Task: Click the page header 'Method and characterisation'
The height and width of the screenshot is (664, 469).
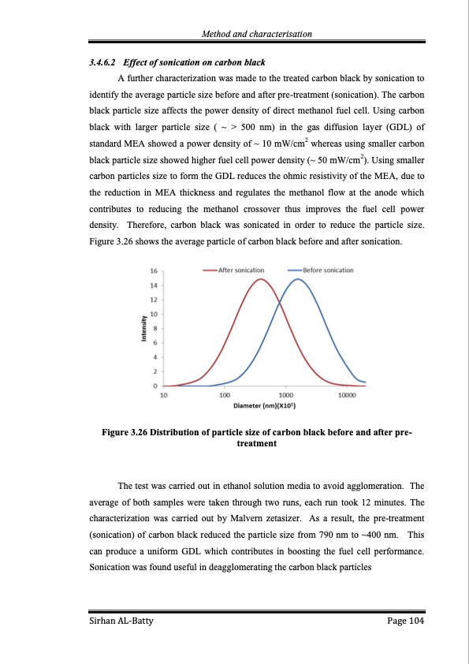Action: point(258,33)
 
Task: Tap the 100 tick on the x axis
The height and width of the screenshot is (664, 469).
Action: point(225,395)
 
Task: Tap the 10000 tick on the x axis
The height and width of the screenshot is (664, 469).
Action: point(346,395)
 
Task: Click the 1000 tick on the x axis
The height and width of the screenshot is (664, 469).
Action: point(285,395)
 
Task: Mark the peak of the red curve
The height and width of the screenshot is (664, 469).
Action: point(260,279)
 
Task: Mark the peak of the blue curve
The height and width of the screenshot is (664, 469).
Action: point(298,279)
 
